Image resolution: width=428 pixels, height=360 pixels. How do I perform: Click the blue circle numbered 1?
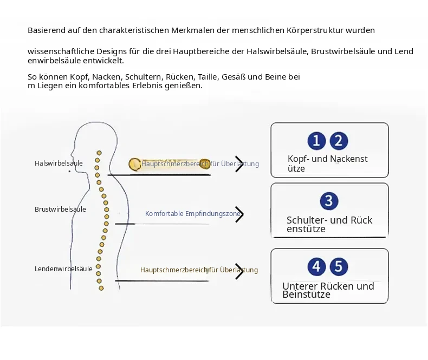[x=316, y=141]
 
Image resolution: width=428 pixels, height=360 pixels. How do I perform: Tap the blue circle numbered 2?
[x=339, y=141]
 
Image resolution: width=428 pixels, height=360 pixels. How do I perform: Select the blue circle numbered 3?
[x=329, y=201]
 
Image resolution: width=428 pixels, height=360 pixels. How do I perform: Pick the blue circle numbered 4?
[x=316, y=266]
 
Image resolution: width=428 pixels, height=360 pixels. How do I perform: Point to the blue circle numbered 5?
[x=339, y=266]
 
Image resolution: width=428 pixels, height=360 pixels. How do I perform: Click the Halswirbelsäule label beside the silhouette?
[x=59, y=163]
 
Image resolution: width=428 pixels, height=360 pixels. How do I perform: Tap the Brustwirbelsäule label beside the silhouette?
[x=60, y=209]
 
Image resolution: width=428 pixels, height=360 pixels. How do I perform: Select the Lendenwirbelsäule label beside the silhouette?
[x=63, y=269]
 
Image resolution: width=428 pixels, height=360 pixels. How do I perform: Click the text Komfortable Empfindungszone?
[x=193, y=213]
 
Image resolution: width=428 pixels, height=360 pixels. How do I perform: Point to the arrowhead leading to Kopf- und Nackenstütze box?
[x=239, y=164]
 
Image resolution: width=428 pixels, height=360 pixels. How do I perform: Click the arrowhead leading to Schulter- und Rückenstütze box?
[x=239, y=214]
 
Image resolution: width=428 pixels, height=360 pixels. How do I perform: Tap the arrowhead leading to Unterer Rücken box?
[x=239, y=271]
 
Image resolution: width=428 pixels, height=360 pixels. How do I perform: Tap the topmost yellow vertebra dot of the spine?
[x=99, y=153]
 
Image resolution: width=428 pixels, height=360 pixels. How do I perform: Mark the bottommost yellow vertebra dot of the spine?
[x=101, y=288]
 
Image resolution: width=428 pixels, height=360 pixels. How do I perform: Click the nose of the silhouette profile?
[x=72, y=153]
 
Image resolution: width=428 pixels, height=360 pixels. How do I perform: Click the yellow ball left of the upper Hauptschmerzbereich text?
[x=134, y=164]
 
